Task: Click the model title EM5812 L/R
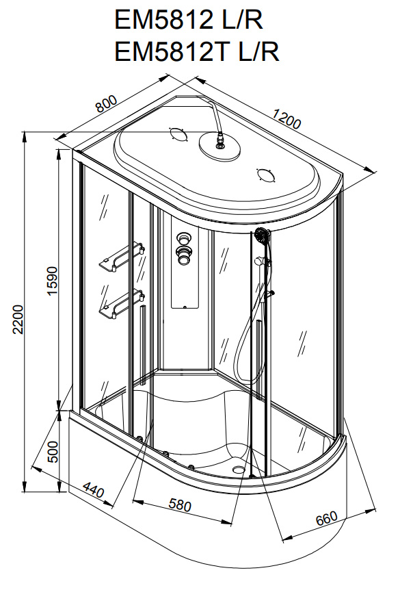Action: click(188, 21)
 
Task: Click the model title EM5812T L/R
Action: click(196, 52)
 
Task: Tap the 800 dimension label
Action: click(106, 104)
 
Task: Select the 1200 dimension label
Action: click(286, 121)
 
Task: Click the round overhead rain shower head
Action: click(219, 148)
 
